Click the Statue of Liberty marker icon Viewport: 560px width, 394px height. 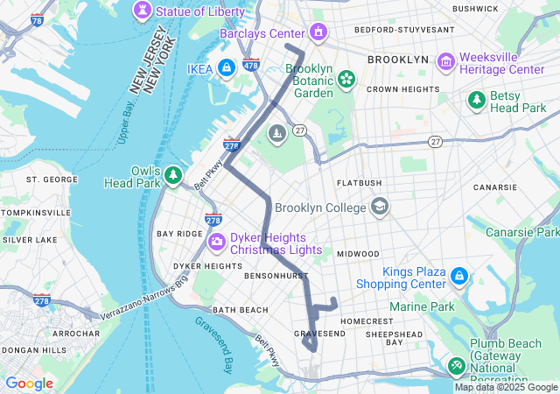click(140, 11)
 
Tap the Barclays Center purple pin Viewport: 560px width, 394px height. click(318, 33)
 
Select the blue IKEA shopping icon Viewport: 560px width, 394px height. click(226, 67)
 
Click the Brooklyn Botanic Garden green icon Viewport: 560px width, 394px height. click(346, 80)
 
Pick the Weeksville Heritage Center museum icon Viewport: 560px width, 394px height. click(446, 61)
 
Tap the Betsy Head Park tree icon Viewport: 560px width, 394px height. click(477, 101)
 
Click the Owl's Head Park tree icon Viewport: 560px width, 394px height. click(174, 176)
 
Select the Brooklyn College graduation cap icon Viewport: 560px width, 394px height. click(379, 208)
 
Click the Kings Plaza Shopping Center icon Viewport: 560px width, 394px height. click(459, 277)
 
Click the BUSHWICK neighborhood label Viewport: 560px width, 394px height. click(475, 8)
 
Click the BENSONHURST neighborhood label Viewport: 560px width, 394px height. click(247, 275)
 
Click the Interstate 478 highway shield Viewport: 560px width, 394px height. click(251, 65)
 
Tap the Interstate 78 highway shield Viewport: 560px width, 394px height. click(36, 19)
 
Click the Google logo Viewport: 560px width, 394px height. click(29, 383)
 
